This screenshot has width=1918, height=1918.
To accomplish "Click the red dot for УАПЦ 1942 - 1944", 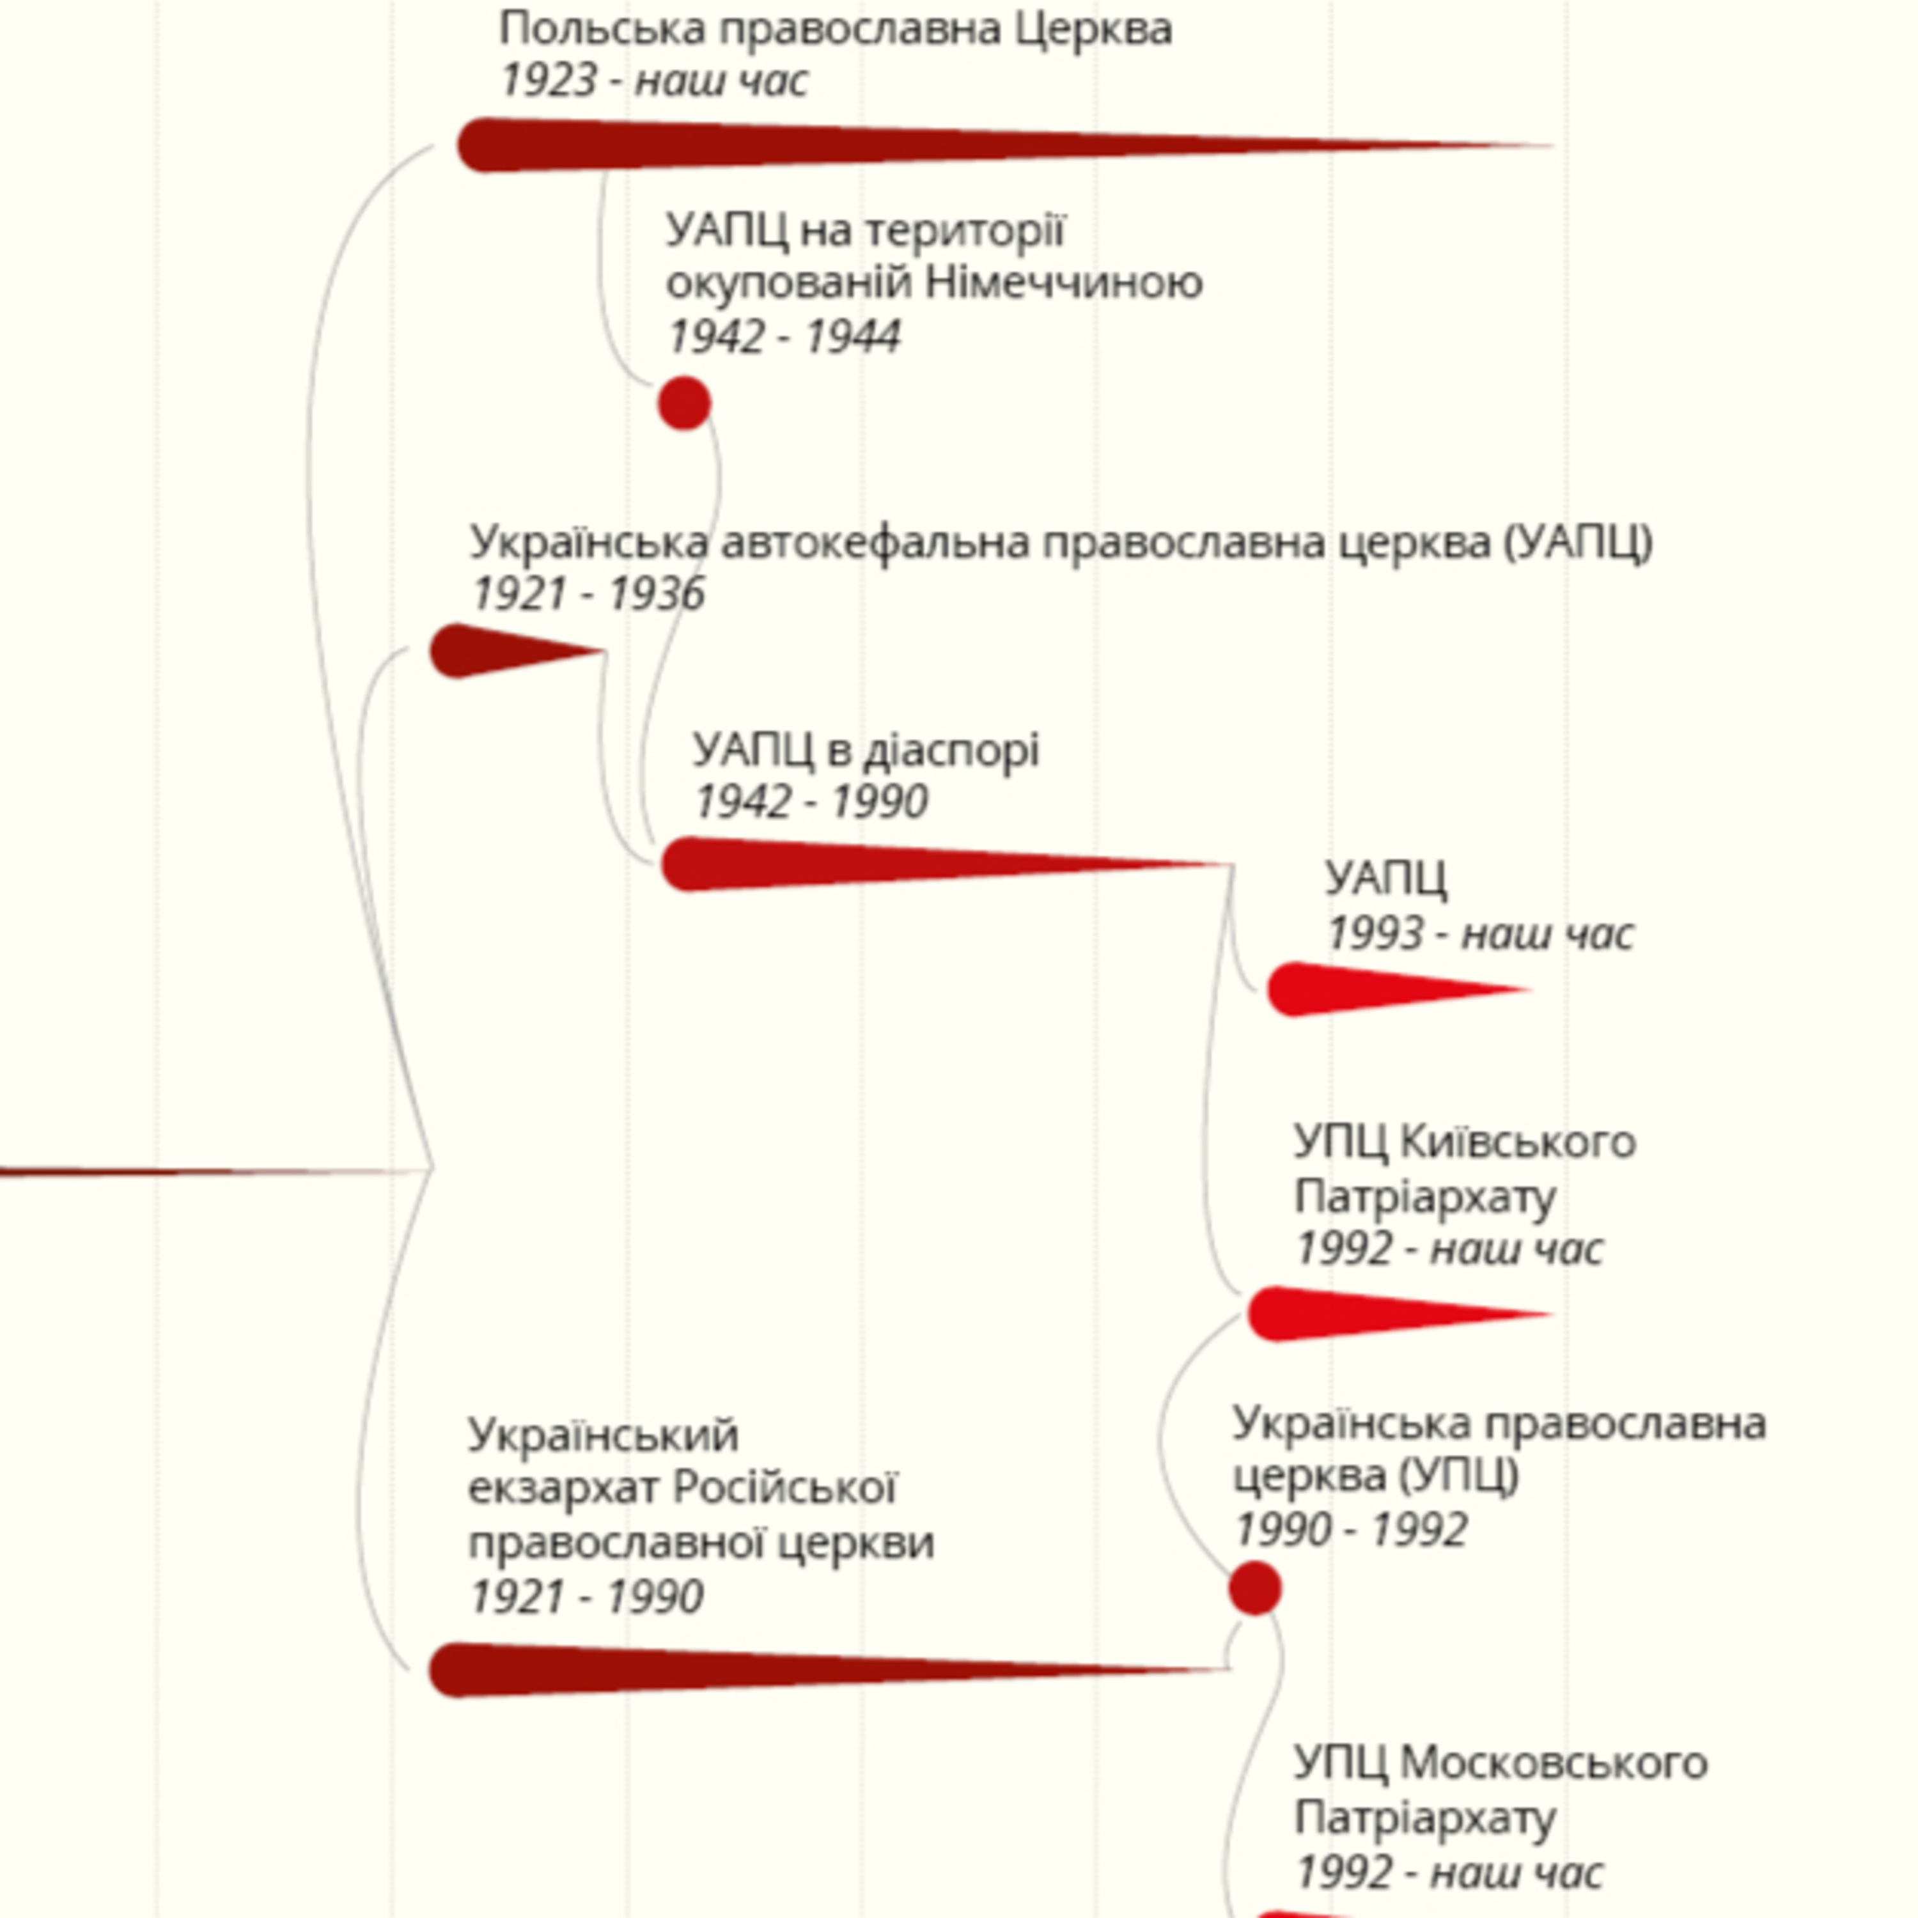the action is point(684,403).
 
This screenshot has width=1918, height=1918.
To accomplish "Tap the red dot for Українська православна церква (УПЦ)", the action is point(1255,1587).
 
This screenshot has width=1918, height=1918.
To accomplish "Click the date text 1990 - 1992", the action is point(1351,1530).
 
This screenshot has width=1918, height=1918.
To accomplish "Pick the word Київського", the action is point(1518,1142).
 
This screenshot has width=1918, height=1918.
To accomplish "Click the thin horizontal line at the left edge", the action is point(214,1171).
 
